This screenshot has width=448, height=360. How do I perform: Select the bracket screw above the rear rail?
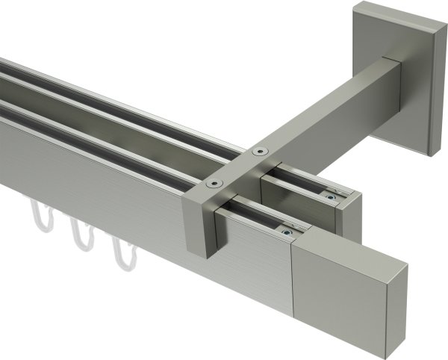(x=259, y=152)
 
